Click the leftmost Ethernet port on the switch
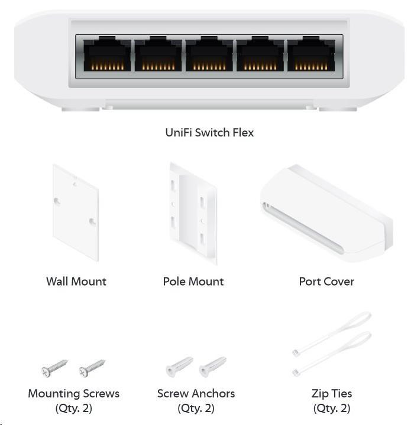pos(107,54)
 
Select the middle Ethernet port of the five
pos(209,54)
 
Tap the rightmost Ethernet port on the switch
pos(311,54)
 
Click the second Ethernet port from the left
pos(158,54)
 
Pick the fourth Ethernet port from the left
pos(260,54)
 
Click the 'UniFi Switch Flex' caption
pos(209,133)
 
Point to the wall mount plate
pos(76,212)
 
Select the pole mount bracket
pos(193,213)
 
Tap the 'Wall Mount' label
pos(76,282)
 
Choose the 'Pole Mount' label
pos(193,282)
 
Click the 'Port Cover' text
pos(326,282)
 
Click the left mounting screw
pos(54,368)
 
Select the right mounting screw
pos(92,368)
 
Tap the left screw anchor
pos(179,367)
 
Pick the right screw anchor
pos(212,367)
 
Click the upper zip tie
pos(332,334)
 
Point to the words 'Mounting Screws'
pos(73,394)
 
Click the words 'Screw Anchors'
pos(196,394)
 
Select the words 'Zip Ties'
pos(332,394)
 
